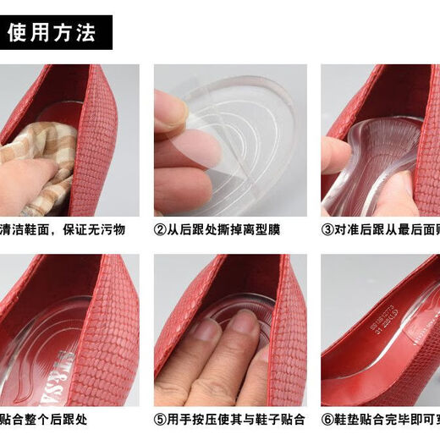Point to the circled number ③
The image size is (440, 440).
(328, 229)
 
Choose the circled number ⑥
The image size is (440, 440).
(328, 419)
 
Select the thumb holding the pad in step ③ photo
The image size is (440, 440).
(337, 157)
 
